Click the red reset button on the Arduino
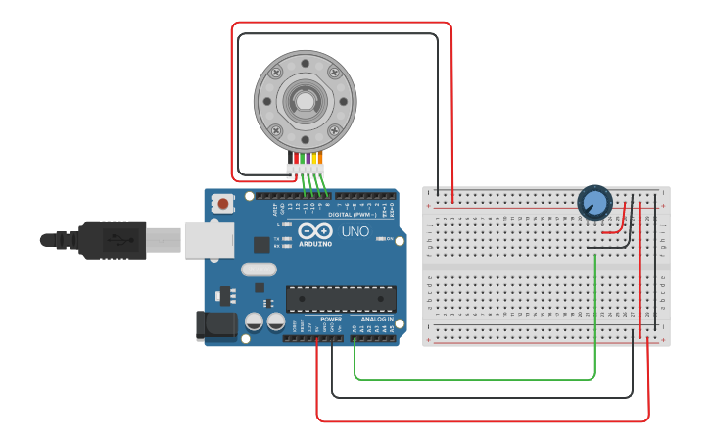point(224,205)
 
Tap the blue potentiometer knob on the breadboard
point(593,203)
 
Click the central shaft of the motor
point(304,100)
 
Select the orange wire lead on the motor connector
point(319,158)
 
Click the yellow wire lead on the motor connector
point(314,158)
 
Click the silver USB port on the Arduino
point(209,238)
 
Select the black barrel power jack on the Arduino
point(215,324)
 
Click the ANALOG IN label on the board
point(376,320)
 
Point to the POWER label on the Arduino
point(331,320)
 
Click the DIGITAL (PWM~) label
point(354,214)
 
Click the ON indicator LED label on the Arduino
point(389,238)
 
